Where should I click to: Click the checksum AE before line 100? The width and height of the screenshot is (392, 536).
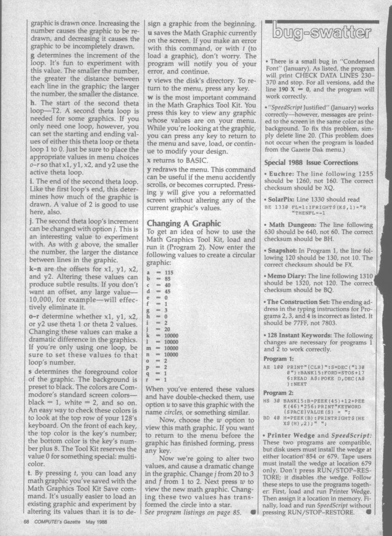(x=268, y=365)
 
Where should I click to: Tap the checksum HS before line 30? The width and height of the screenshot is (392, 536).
(x=268, y=401)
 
